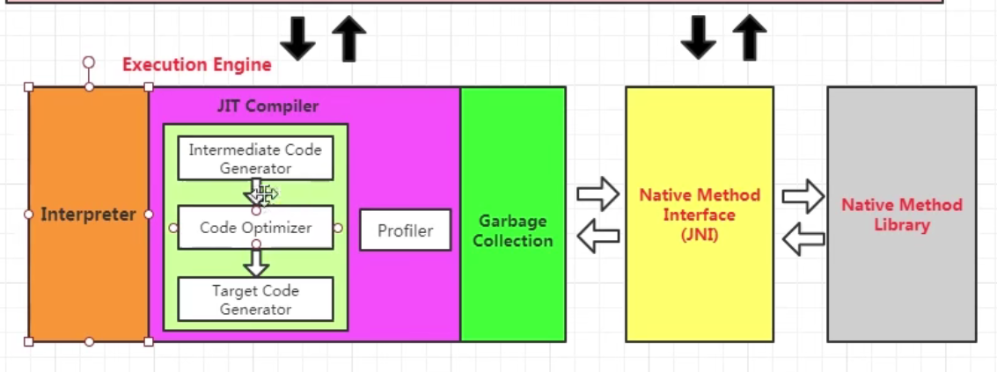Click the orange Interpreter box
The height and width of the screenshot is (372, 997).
tap(88, 214)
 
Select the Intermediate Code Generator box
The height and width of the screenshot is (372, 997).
tap(255, 158)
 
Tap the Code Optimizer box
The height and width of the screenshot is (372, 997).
tap(255, 228)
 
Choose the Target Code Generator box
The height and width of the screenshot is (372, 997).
tap(255, 299)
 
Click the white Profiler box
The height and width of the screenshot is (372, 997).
tap(405, 230)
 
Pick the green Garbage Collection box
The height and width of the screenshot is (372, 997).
tap(513, 230)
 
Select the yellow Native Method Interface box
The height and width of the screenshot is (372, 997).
tap(700, 214)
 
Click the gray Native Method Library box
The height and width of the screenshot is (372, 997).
tap(901, 214)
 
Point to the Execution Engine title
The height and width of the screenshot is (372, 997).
tap(196, 64)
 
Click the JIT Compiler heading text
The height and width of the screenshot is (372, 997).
tap(268, 106)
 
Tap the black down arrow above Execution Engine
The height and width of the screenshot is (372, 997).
tap(298, 40)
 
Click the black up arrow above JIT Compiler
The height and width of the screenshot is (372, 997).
tap(348, 40)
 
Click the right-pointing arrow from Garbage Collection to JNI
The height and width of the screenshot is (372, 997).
tap(598, 193)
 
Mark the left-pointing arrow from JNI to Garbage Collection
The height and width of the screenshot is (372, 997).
tap(598, 235)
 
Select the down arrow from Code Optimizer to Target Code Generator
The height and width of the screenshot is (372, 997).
tap(256, 262)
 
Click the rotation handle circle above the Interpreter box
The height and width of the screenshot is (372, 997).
tap(88, 62)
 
